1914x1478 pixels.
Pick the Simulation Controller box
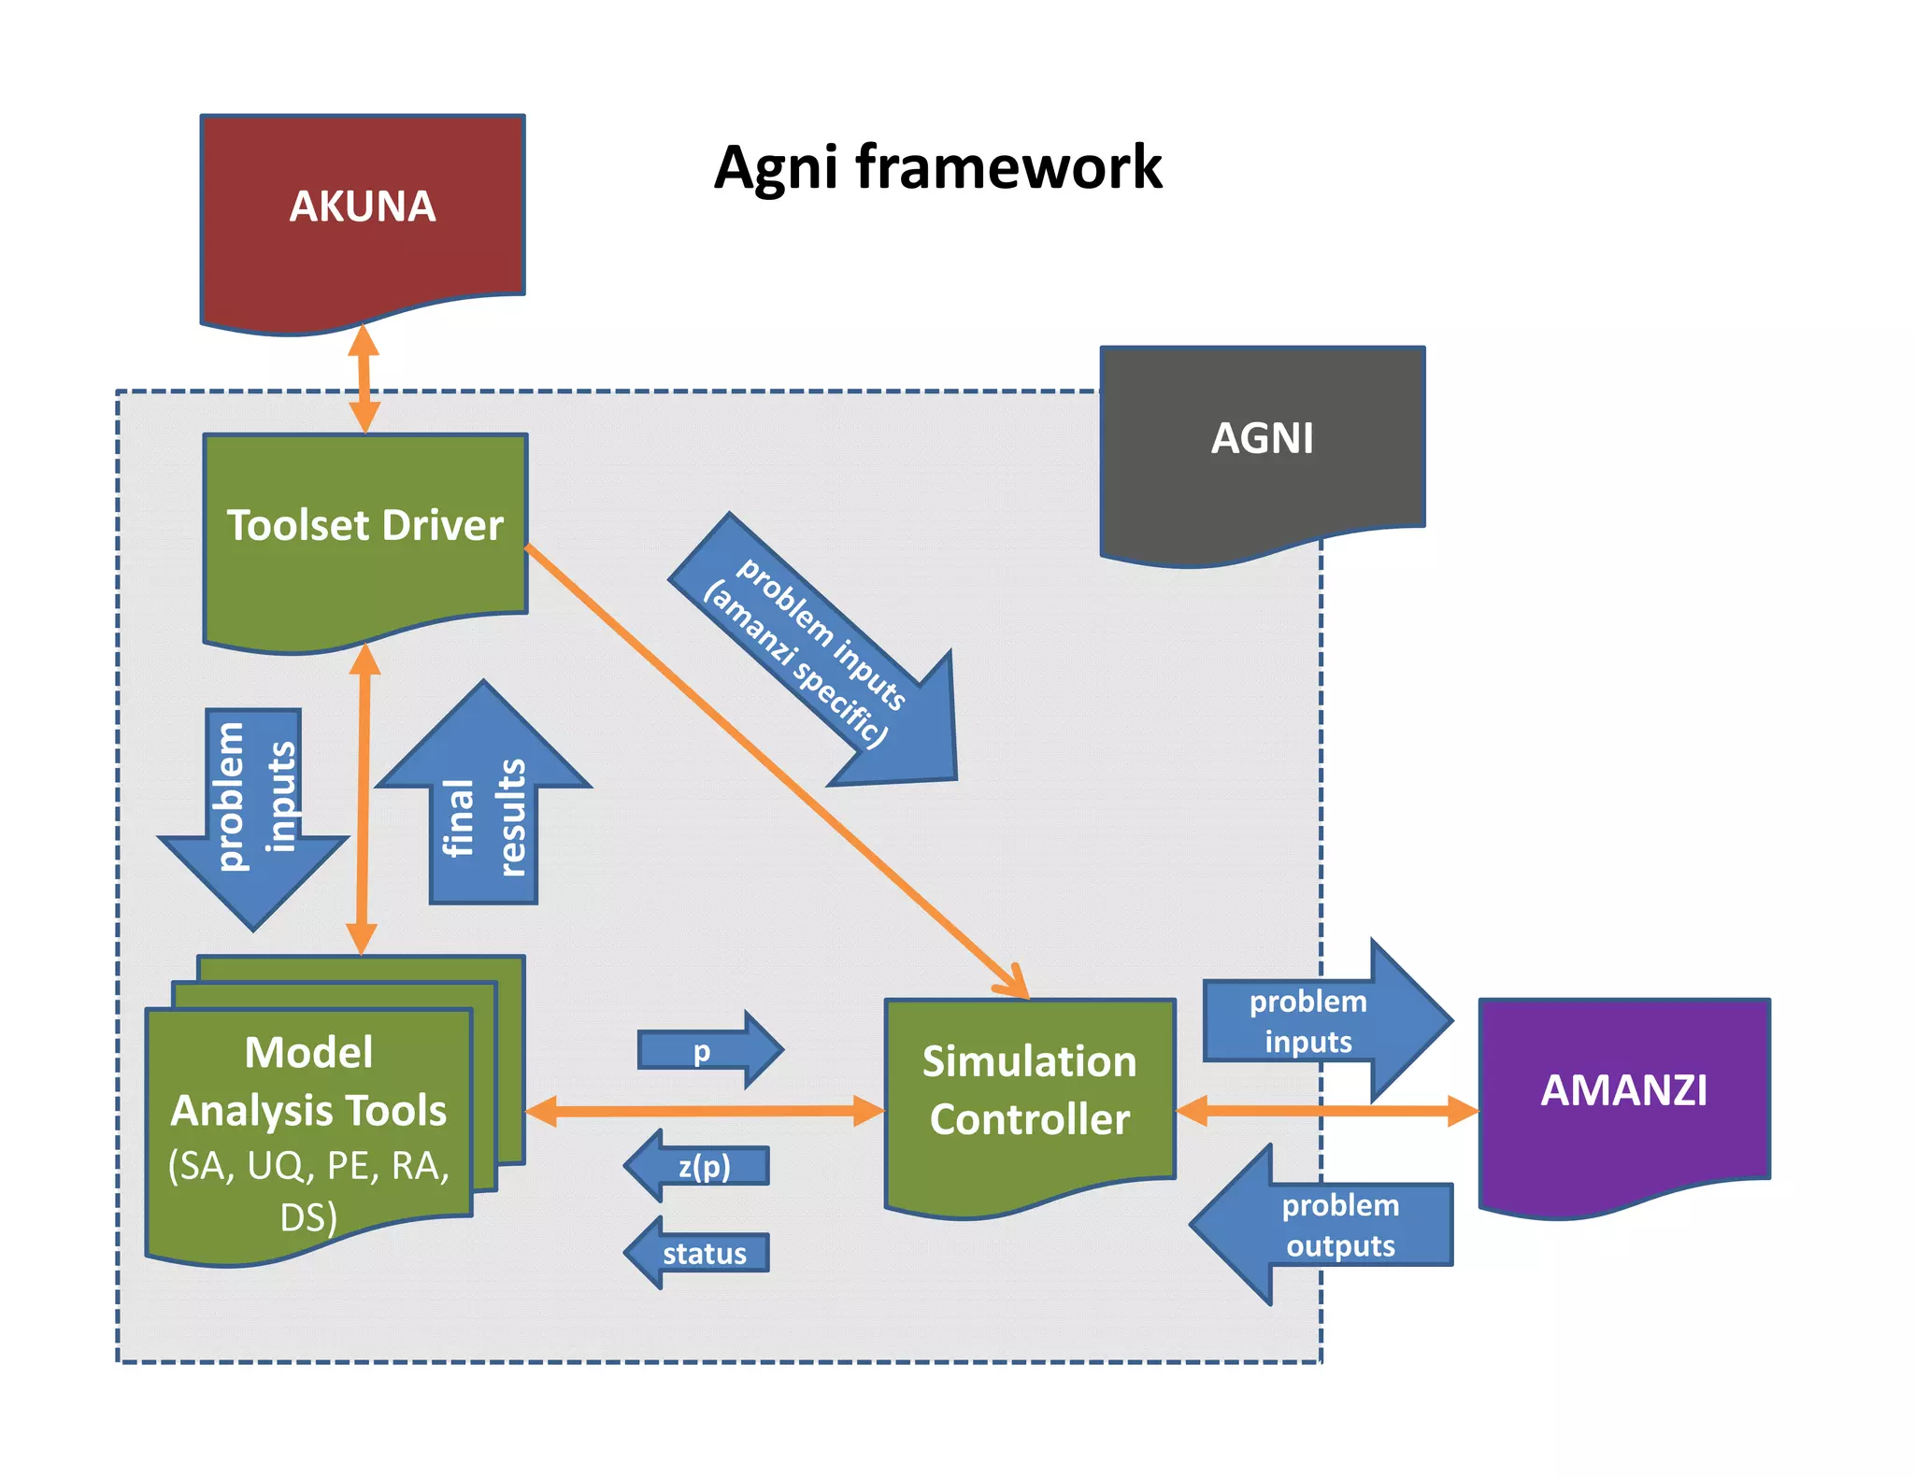pos(1029,1093)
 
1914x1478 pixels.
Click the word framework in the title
pos(1008,168)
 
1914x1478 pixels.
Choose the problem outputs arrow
pos(1327,1225)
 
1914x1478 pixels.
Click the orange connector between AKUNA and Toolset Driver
pos(364,378)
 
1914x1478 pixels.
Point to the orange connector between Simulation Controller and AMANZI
pos(1327,1111)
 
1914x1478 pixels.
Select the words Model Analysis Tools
pos(308,1081)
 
